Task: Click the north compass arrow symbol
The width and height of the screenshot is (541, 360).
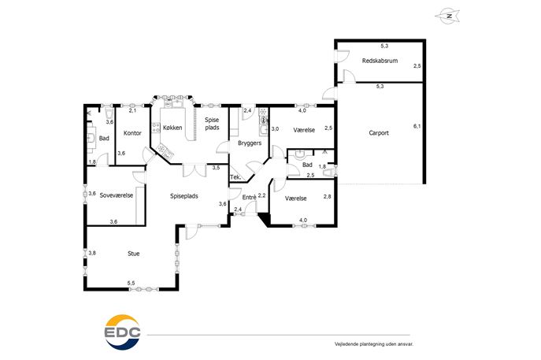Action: [x=447, y=17]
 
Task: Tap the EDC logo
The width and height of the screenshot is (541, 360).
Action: [x=123, y=332]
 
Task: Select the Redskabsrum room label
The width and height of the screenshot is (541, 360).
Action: [x=380, y=61]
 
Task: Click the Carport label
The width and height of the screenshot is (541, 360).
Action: [x=379, y=133]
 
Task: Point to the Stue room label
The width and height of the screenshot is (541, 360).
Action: [x=134, y=254]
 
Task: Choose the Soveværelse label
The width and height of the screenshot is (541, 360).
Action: [x=117, y=195]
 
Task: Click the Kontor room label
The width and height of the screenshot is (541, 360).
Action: [x=132, y=133]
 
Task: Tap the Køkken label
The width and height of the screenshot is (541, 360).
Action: [x=172, y=128]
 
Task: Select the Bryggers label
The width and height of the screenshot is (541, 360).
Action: [x=250, y=143]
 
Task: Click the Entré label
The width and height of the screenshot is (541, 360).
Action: [x=249, y=198]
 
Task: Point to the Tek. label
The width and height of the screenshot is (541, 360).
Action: [x=235, y=177]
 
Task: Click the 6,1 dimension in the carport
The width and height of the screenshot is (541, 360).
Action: [x=417, y=126]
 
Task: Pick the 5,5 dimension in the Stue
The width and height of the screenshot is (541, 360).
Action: [x=131, y=283]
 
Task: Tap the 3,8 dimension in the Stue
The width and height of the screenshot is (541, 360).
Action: [x=92, y=253]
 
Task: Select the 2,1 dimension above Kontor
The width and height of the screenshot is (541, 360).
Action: [x=132, y=110]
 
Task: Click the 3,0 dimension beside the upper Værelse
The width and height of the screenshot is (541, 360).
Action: [x=275, y=128]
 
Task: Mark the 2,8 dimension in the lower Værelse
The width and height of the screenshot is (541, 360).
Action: [x=327, y=197]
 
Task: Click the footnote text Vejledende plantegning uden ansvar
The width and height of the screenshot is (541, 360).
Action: [x=374, y=344]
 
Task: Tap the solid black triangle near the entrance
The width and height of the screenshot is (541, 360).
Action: [x=265, y=219]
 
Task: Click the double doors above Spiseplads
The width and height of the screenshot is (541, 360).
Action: [x=195, y=170]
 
